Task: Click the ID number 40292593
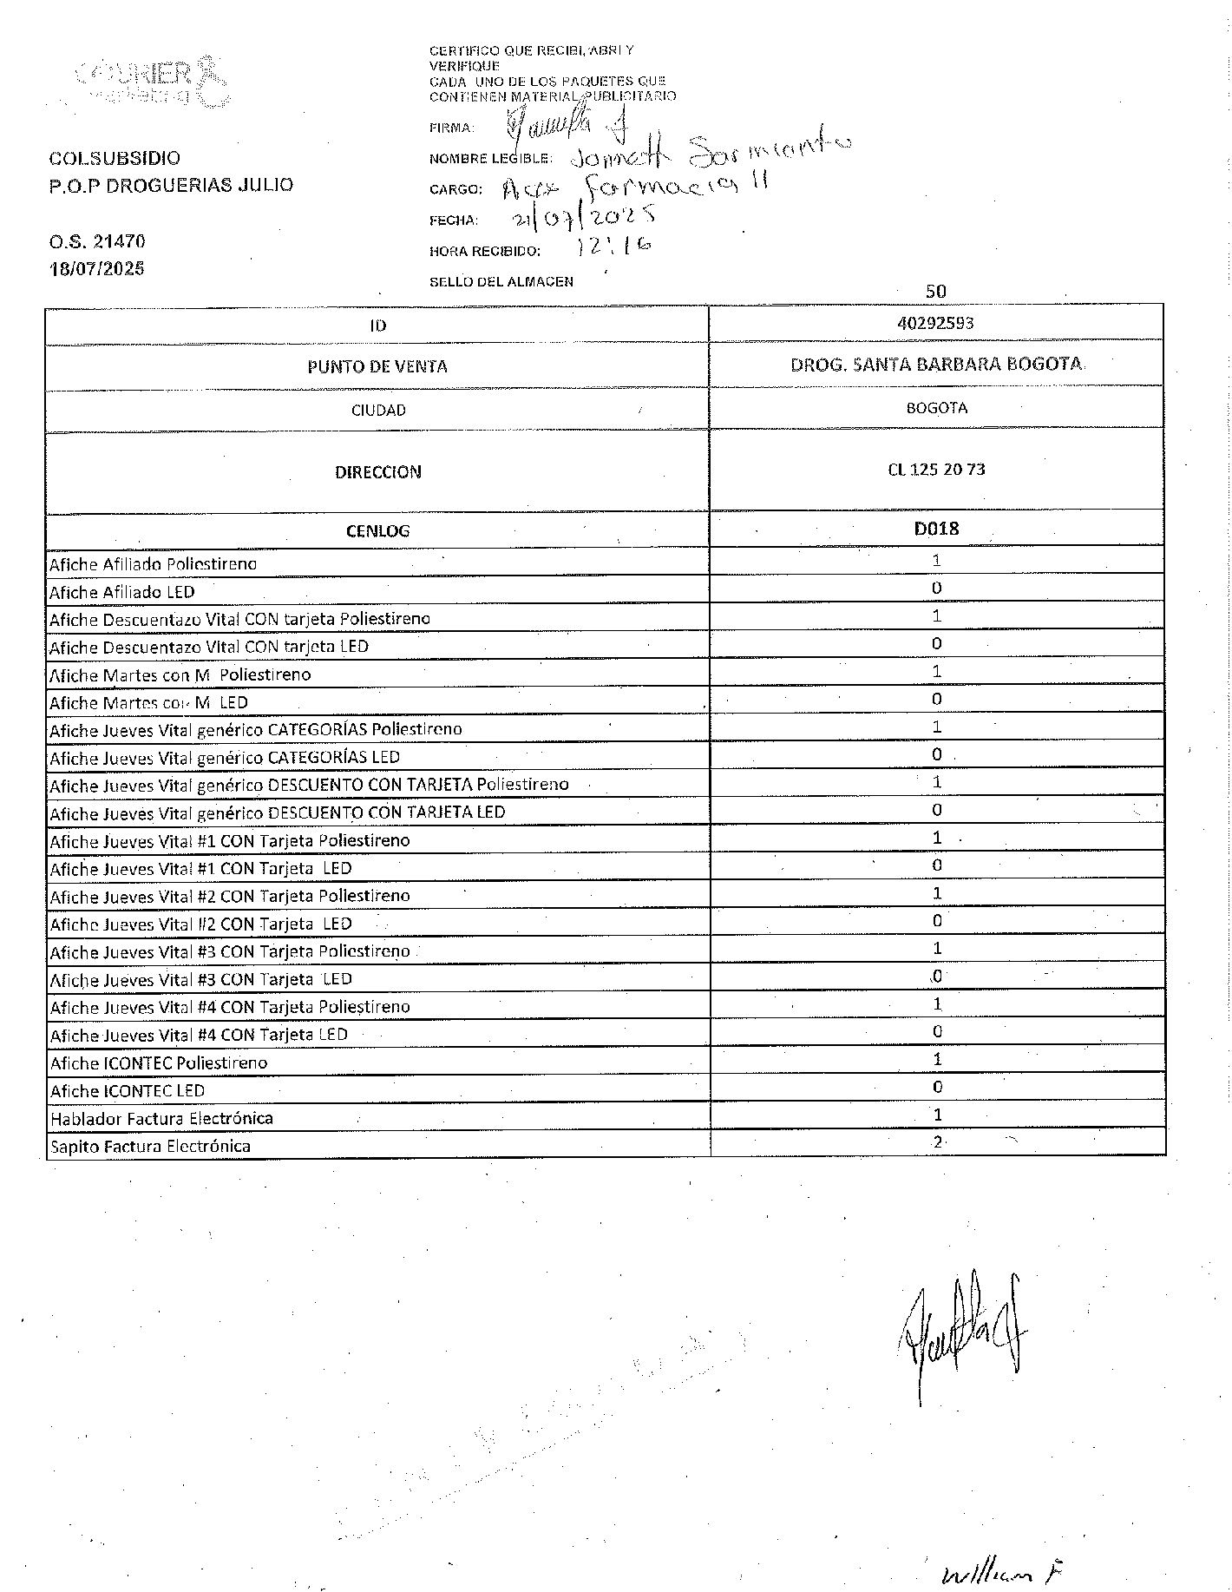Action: (x=935, y=323)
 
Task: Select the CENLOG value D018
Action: (x=936, y=528)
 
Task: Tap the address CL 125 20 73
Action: (x=936, y=470)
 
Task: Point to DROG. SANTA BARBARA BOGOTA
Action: (x=936, y=365)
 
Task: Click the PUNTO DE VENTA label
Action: (x=377, y=366)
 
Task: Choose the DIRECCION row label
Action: (x=378, y=472)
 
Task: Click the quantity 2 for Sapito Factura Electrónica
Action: (x=937, y=1142)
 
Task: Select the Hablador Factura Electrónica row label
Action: (x=161, y=1118)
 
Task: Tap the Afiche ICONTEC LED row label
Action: (x=128, y=1090)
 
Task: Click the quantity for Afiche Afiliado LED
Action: (x=937, y=588)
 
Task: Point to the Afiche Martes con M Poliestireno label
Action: (x=180, y=674)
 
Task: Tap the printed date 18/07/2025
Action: (x=96, y=268)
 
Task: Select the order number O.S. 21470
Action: (x=96, y=241)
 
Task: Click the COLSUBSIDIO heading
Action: (x=115, y=158)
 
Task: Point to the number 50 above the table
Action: (x=936, y=292)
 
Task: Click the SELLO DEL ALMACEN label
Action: (x=501, y=281)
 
